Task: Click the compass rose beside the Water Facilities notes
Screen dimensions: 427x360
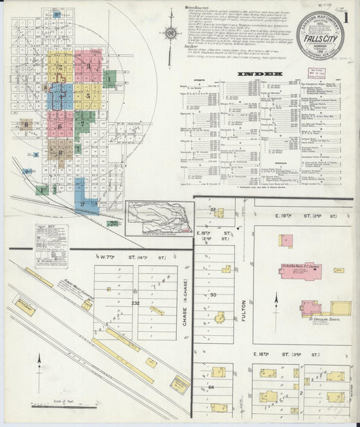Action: point(171,32)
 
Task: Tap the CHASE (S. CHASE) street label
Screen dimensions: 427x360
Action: point(184,311)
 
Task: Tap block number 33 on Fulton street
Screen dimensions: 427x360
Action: point(213,295)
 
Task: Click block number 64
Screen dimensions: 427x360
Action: point(211,386)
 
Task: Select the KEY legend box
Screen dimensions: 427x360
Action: point(52,247)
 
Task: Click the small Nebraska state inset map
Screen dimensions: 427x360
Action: point(160,217)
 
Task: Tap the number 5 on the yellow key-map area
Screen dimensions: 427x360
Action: point(88,96)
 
